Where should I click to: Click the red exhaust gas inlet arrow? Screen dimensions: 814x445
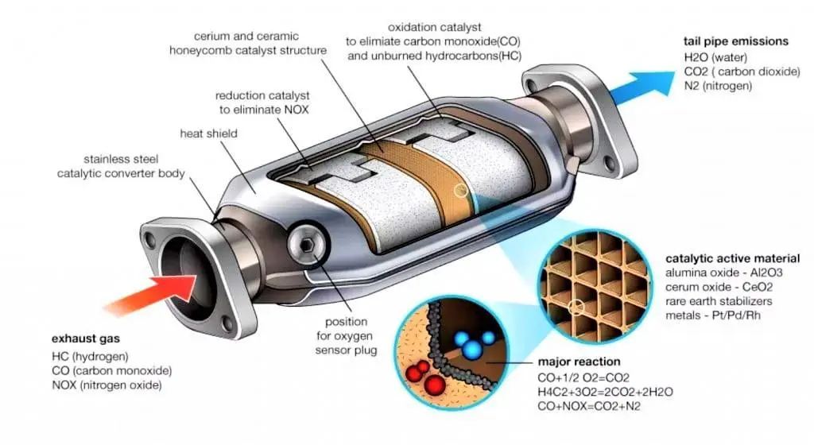[x=156, y=294]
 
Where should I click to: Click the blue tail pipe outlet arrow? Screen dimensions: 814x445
[x=642, y=88]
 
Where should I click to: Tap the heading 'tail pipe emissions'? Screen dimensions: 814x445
[x=735, y=41]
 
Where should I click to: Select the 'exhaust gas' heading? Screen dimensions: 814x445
[x=86, y=339]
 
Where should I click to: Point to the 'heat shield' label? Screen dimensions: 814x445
[x=209, y=133]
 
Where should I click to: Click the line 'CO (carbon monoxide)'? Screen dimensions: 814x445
[x=111, y=371]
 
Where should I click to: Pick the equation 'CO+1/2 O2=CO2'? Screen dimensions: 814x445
[x=583, y=378]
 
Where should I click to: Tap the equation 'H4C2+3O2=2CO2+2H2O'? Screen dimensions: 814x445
[x=605, y=392]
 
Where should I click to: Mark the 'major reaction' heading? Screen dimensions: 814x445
[x=579, y=362]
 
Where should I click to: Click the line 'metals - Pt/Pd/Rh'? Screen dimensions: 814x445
[x=713, y=315]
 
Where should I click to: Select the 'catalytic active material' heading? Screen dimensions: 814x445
[x=732, y=258]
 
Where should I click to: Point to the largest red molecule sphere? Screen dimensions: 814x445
[x=435, y=385]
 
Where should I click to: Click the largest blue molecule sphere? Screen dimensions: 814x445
[x=472, y=349]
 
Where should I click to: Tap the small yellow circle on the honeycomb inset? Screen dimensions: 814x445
[x=576, y=308]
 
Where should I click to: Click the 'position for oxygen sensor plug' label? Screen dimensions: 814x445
[x=347, y=336]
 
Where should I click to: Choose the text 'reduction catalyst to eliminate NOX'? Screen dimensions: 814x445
[x=262, y=103]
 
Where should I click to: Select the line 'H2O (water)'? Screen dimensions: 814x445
[x=715, y=57]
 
